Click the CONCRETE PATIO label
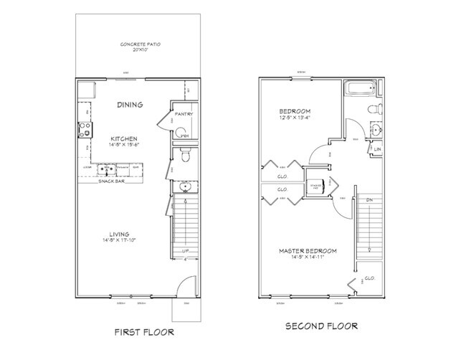139,44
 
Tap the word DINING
130,105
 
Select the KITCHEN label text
123,138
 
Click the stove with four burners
85,131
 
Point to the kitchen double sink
107,170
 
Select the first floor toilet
184,153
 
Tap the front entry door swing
184,283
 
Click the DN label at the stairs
370,199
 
